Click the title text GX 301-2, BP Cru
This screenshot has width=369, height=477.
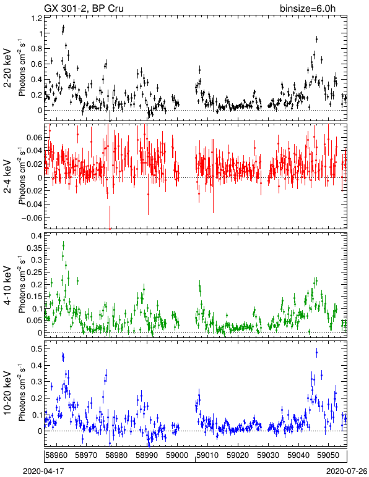(84, 8)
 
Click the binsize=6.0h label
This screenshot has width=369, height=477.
(308, 8)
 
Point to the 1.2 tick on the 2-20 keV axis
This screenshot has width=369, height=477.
(37, 19)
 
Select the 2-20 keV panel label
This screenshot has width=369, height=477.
(7, 68)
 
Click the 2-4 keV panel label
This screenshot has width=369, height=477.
(7, 177)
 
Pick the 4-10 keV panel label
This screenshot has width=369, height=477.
(7, 285)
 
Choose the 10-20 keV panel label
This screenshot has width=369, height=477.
(7, 393)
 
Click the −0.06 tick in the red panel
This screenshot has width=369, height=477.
(32, 218)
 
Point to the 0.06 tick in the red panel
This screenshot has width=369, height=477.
(35, 138)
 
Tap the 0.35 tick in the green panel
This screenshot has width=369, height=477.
(35, 248)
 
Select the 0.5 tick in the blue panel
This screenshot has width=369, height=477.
(37, 348)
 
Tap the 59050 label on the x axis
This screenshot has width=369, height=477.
(329, 455)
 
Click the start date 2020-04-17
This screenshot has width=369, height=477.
(43, 471)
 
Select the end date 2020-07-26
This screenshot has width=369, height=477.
(347, 471)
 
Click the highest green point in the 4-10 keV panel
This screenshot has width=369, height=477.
(63, 245)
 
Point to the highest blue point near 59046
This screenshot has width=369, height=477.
(316, 353)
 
